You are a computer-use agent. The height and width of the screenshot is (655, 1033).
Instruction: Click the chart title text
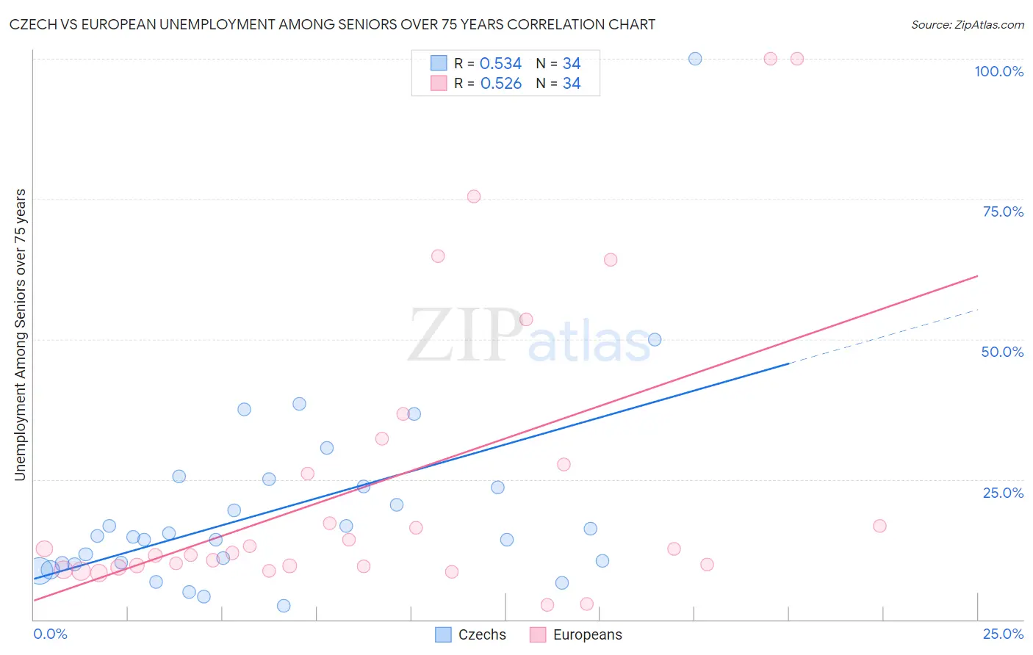(332, 24)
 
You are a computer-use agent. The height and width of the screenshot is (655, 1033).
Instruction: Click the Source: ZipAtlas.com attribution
(967, 24)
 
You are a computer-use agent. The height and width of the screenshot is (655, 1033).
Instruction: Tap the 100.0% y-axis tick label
(998, 71)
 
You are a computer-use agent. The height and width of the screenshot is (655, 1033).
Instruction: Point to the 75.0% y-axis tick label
(1003, 211)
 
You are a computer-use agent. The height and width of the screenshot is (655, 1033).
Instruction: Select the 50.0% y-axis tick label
(1002, 352)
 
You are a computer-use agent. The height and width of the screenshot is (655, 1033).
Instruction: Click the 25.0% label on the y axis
(1003, 493)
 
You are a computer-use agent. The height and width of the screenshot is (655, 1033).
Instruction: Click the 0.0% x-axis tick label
(50, 634)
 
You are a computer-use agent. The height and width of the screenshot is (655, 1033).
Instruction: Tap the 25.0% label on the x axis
(1003, 634)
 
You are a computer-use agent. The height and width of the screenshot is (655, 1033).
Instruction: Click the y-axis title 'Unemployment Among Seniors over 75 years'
(20, 335)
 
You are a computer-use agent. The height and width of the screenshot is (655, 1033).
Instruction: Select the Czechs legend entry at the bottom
(471, 634)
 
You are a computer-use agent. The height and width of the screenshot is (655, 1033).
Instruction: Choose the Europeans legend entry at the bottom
(576, 634)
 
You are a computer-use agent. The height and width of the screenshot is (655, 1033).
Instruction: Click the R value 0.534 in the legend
(500, 64)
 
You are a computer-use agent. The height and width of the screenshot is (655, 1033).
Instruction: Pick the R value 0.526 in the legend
(500, 84)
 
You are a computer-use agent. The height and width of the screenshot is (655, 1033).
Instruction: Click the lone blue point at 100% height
(695, 59)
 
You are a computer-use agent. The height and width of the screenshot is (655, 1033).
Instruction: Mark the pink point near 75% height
(474, 197)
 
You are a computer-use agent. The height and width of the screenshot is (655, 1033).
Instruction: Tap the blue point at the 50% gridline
(655, 340)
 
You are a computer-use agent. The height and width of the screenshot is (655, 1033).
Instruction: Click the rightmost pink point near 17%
(879, 526)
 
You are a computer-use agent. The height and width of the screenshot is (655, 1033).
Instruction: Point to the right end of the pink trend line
(977, 276)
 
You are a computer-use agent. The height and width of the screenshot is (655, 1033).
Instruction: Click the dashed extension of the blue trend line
(882, 336)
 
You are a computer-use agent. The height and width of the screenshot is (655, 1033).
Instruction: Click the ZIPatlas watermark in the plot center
(529, 336)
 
